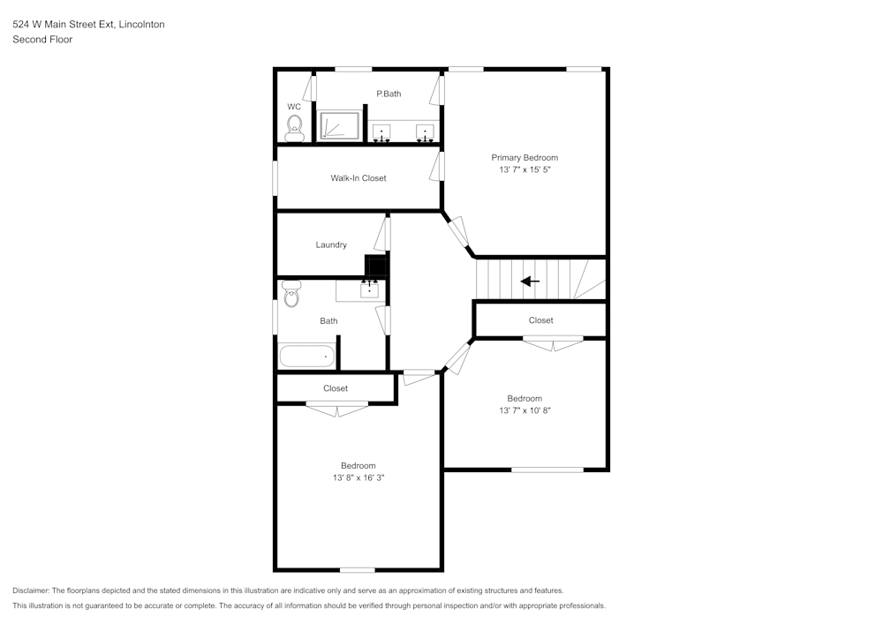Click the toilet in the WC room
tap(295, 128)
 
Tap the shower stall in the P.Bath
tap(339, 125)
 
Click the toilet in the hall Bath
tap(291, 294)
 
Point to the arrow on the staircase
tap(530, 282)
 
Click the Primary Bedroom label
tap(525, 158)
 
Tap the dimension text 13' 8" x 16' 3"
tap(358, 477)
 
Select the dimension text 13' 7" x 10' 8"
tap(525, 410)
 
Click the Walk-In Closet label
tap(358, 178)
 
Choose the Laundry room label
tap(331, 244)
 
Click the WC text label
tap(294, 107)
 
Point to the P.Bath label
tap(389, 94)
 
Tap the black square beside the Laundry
tap(376, 265)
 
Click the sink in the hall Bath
tap(369, 289)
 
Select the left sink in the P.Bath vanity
tap(381, 132)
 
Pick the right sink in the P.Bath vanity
tap(426, 132)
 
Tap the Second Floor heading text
tap(42, 40)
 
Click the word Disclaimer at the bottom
tap(31, 590)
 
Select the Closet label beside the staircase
tap(540, 320)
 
